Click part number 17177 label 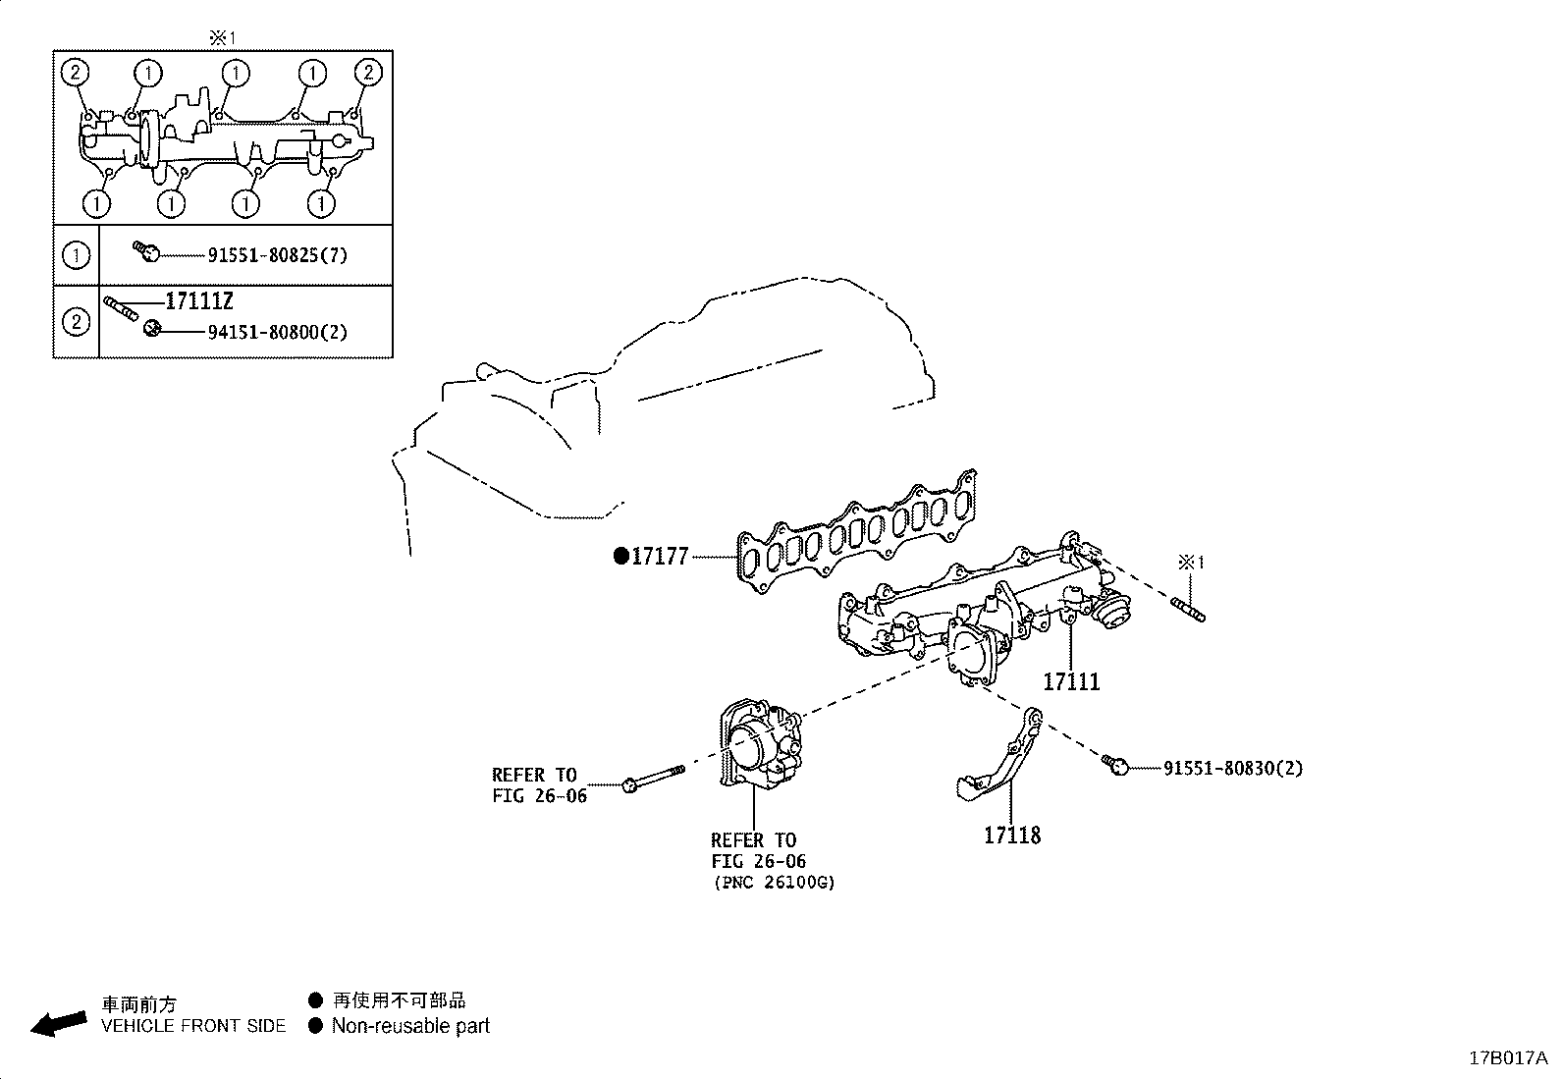659,557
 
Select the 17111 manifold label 1071,681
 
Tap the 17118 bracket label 1012,836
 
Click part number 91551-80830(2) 1233,768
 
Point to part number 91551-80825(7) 278,255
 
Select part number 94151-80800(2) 278,332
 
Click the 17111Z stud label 198,301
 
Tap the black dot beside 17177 620,557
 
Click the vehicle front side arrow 57,1023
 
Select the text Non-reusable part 410,1027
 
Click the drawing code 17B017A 1507,1058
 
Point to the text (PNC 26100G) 774,882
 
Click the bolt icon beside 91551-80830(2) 1113,764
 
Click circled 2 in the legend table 76,321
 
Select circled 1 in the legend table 76,255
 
